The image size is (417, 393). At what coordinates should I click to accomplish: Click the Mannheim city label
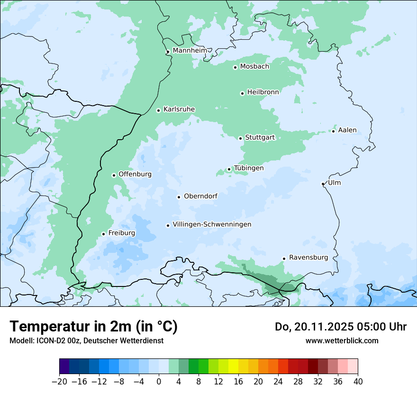pyautogui.click(x=190, y=50)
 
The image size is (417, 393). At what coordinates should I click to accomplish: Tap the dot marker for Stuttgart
pyautogui.click(x=240, y=138)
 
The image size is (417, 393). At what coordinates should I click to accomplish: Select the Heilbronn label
pyautogui.click(x=263, y=92)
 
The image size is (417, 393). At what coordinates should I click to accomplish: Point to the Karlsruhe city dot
pyautogui.click(x=159, y=110)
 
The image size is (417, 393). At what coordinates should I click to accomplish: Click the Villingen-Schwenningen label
pyautogui.click(x=212, y=224)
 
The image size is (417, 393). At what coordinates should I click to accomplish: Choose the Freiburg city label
pyautogui.click(x=121, y=233)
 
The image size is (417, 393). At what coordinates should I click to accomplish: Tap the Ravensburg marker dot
pyautogui.click(x=284, y=259)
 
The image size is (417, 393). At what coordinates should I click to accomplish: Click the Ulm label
pyautogui.click(x=334, y=183)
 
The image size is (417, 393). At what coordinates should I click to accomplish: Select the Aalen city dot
pyautogui.click(x=334, y=131)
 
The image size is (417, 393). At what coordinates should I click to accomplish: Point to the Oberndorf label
pyautogui.click(x=200, y=196)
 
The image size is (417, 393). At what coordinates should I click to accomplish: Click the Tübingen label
pyautogui.click(x=249, y=168)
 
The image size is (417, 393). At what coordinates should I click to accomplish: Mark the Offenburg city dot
pyautogui.click(x=114, y=175)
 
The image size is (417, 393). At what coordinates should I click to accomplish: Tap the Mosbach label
pyautogui.click(x=254, y=66)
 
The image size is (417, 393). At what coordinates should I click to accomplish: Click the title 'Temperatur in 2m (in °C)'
pyautogui.click(x=93, y=326)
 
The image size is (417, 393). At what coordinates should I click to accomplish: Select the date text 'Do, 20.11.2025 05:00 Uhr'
pyautogui.click(x=341, y=327)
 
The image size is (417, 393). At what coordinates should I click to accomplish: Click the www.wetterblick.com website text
pyautogui.click(x=342, y=340)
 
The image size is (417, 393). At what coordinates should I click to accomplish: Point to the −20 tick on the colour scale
pyautogui.click(x=59, y=381)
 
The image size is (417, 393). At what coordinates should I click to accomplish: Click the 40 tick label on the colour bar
pyautogui.click(x=358, y=381)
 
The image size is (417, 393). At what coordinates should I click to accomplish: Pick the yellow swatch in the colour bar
pyautogui.click(x=233, y=366)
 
